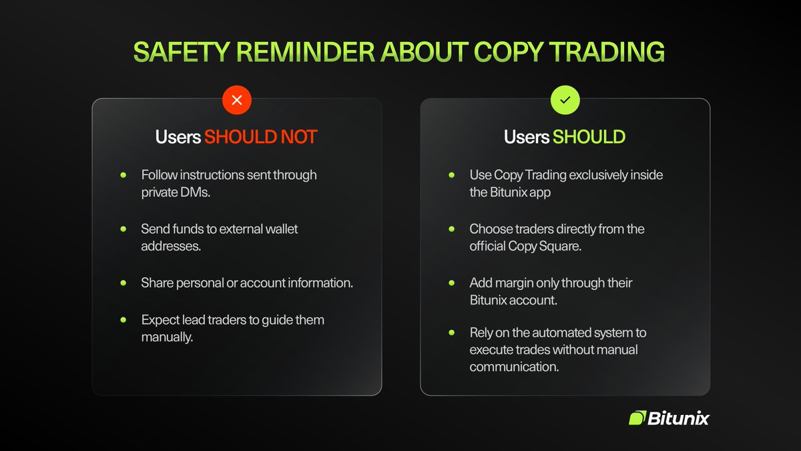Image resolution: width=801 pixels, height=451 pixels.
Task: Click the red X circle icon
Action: click(x=236, y=101)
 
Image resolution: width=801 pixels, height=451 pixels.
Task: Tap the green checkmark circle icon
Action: click(x=565, y=101)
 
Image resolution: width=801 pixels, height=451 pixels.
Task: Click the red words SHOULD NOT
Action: click(x=260, y=137)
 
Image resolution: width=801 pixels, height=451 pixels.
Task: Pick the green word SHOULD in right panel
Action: click(x=589, y=137)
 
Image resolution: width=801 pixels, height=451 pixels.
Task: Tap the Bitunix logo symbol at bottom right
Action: click(x=637, y=418)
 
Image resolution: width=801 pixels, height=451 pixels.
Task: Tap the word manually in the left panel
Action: click(x=166, y=337)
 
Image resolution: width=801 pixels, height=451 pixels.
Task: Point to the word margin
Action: click(x=513, y=283)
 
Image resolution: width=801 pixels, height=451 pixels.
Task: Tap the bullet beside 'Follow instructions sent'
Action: click(x=123, y=175)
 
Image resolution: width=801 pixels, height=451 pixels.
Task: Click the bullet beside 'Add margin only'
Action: click(x=452, y=283)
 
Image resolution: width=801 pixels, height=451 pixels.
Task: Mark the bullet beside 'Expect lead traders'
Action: click(x=123, y=319)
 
